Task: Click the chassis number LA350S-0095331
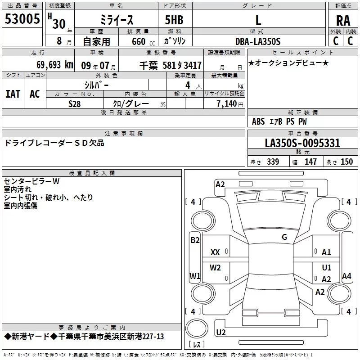[x=302, y=144]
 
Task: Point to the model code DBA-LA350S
[x=258, y=41]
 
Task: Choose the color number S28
[x=75, y=103]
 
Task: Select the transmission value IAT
[x=13, y=94]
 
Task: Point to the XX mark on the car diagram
[x=215, y=252]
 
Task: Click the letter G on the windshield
[x=284, y=237]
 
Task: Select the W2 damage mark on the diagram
[x=216, y=268]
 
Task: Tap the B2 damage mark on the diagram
[x=194, y=240]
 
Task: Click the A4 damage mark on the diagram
[x=346, y=276]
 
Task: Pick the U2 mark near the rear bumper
[x=221, y=333]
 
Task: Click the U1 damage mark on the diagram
[x=326, y=268]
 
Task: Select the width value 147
[x=310, y=162]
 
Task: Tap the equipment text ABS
[x=258, y=121]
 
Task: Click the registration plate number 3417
[x=193, y=66]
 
